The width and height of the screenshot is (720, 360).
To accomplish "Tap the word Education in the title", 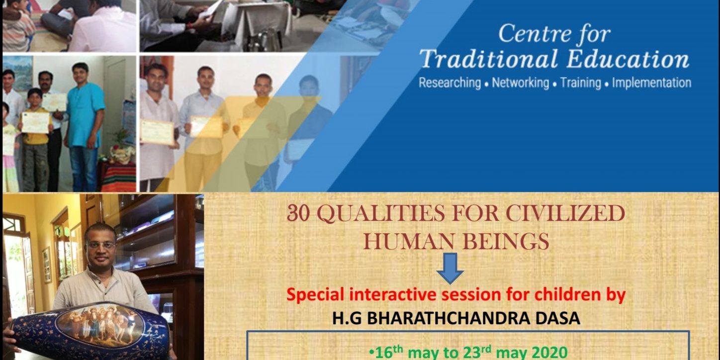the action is tap(628, 59).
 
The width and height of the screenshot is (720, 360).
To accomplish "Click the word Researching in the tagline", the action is tap(450, 83).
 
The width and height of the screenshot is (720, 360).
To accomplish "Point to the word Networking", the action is tap(521, 83).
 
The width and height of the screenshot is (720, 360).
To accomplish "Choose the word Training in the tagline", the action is tap(580, 83).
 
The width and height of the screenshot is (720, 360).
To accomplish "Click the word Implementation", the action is tap(651, 83).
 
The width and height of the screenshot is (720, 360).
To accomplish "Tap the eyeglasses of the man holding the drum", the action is tap(101, 245).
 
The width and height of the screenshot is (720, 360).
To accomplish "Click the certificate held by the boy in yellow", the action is tap(35, 122).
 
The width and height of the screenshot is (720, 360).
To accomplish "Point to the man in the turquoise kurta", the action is tap(84, 127).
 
